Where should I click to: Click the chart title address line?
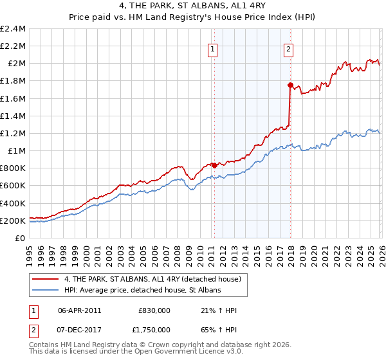193,7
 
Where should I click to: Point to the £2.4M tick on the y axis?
13,29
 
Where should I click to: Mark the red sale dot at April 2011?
214,165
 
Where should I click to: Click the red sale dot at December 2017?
290,85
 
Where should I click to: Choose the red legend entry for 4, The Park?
152,279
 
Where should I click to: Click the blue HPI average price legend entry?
142,291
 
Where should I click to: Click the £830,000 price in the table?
154,310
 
